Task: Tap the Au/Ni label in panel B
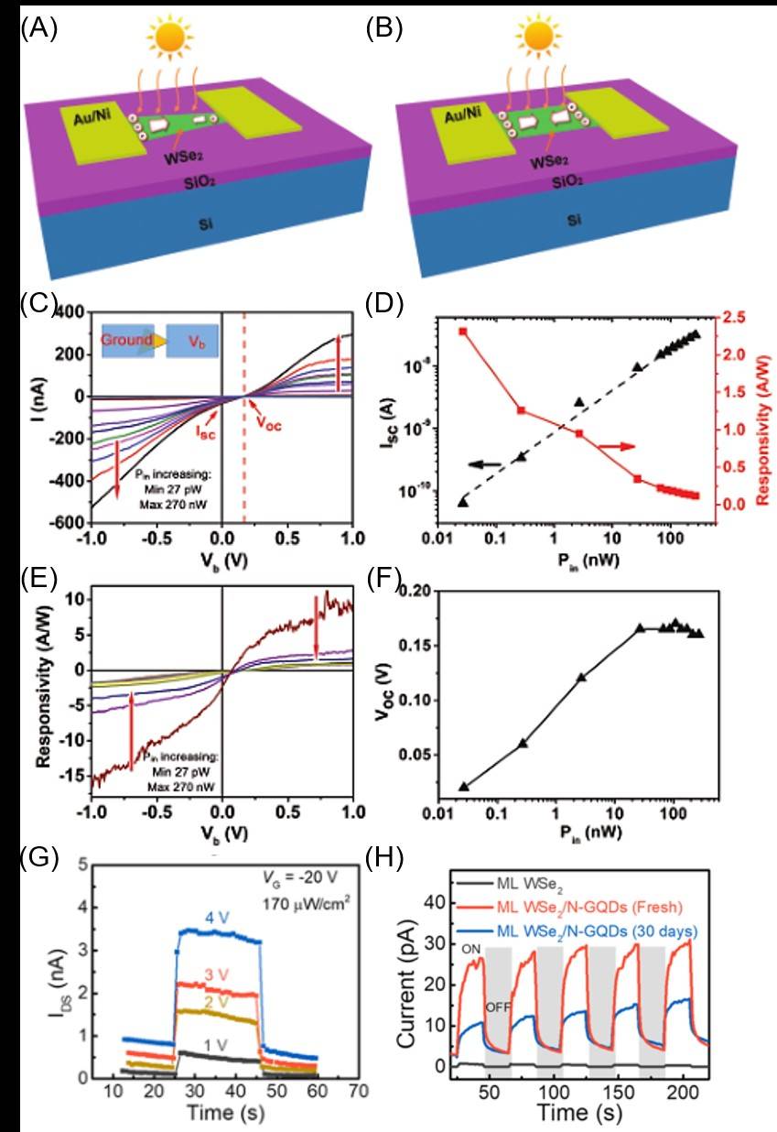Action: tap(468, 117)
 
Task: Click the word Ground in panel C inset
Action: tap(128, 340)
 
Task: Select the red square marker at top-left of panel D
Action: tap(463, 332)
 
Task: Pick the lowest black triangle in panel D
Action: tap(463, 501)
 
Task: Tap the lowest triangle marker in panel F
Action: tap(463, 786)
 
